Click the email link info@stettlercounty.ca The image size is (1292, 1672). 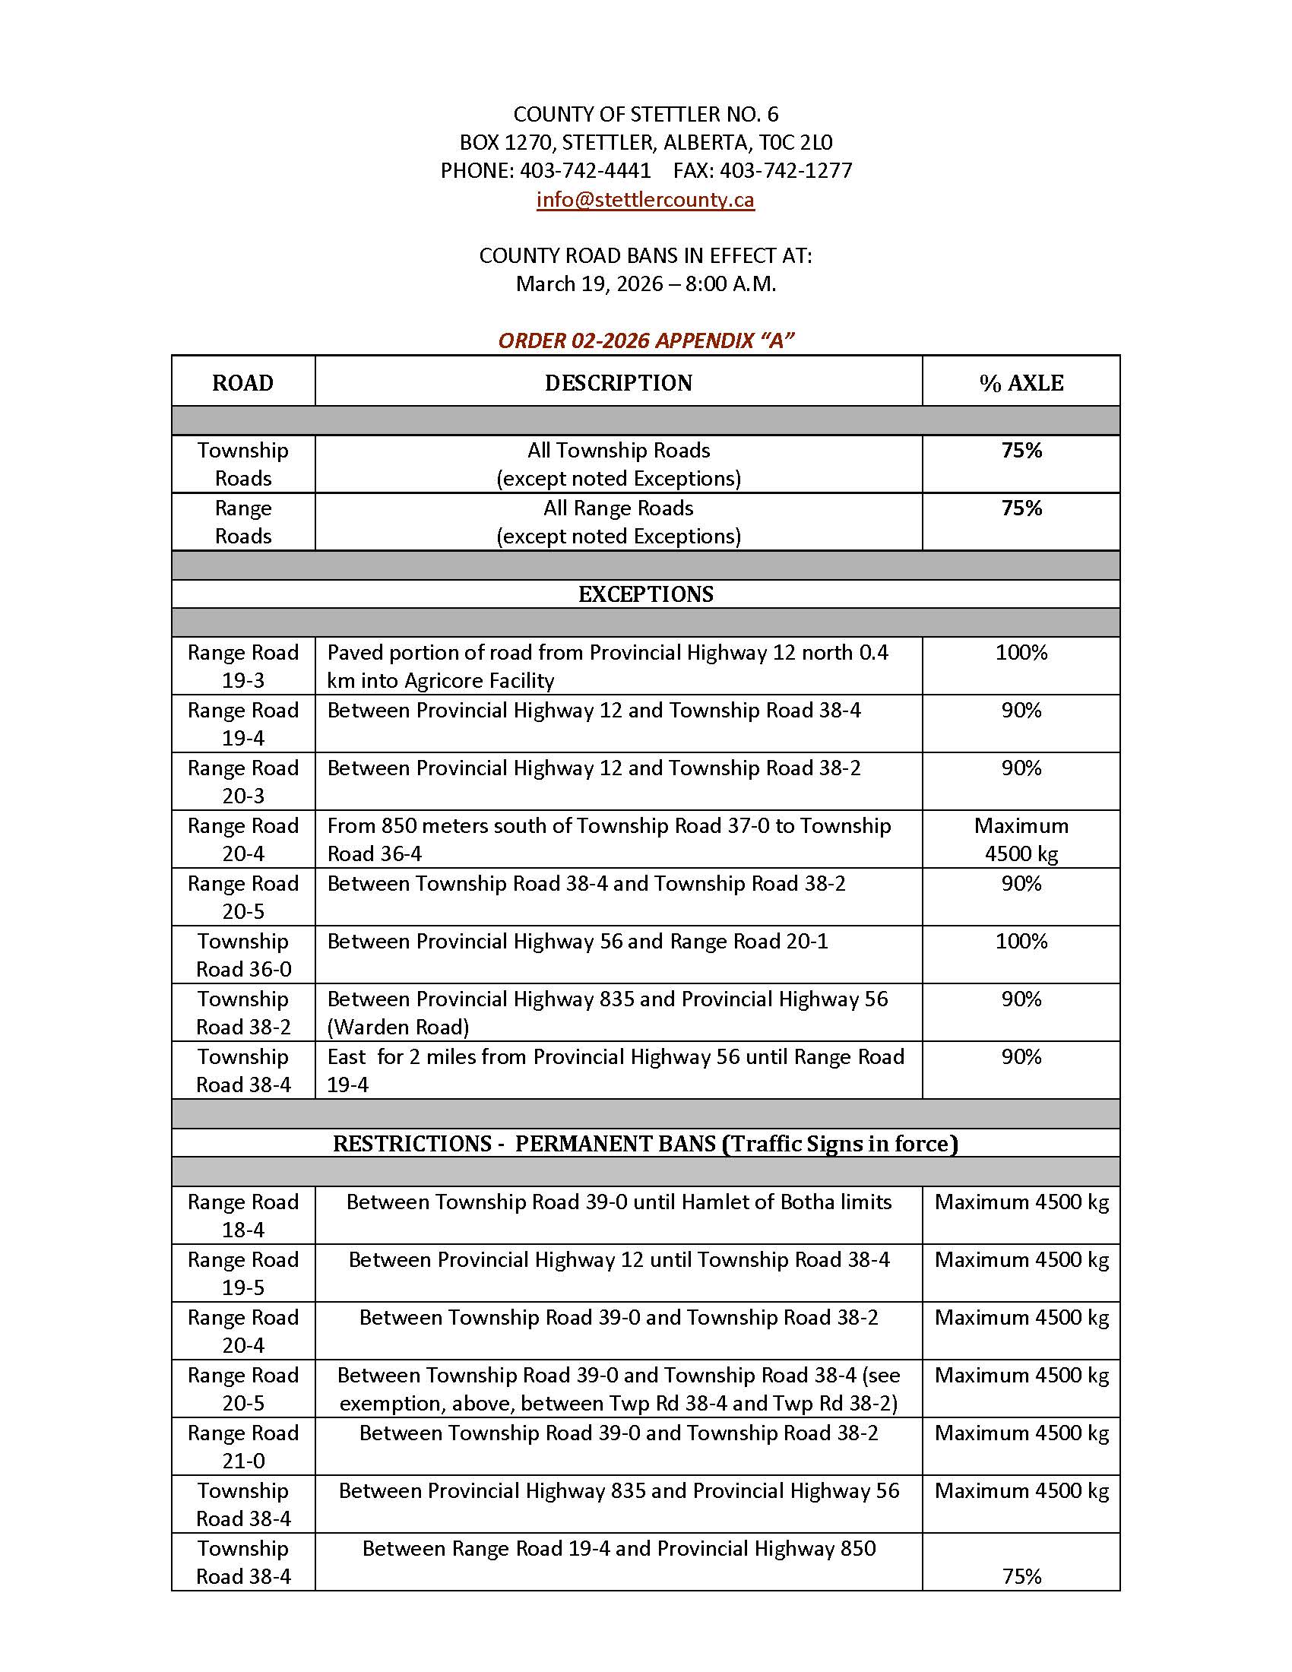point(644,200)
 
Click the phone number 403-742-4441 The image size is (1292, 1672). point(584,171)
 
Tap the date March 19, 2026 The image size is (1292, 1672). point(588,284)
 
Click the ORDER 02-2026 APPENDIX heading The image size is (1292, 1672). point(645,340)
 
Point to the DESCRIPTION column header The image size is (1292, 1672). point(618,383)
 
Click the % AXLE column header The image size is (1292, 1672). point(1020,383)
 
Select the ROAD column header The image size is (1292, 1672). point(242,383)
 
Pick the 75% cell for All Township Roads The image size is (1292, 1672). point(1021,451)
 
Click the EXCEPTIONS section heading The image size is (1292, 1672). point(645,595)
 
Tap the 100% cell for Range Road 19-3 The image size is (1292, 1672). point(1021,653)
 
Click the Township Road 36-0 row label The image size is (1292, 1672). point(242,955)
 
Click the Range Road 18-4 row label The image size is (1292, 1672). point(242,1216)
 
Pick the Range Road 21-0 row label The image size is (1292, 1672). point(242,1447)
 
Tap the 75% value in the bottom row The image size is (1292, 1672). point(1021,1577)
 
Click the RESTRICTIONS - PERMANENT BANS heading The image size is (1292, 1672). point(645,1144)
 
